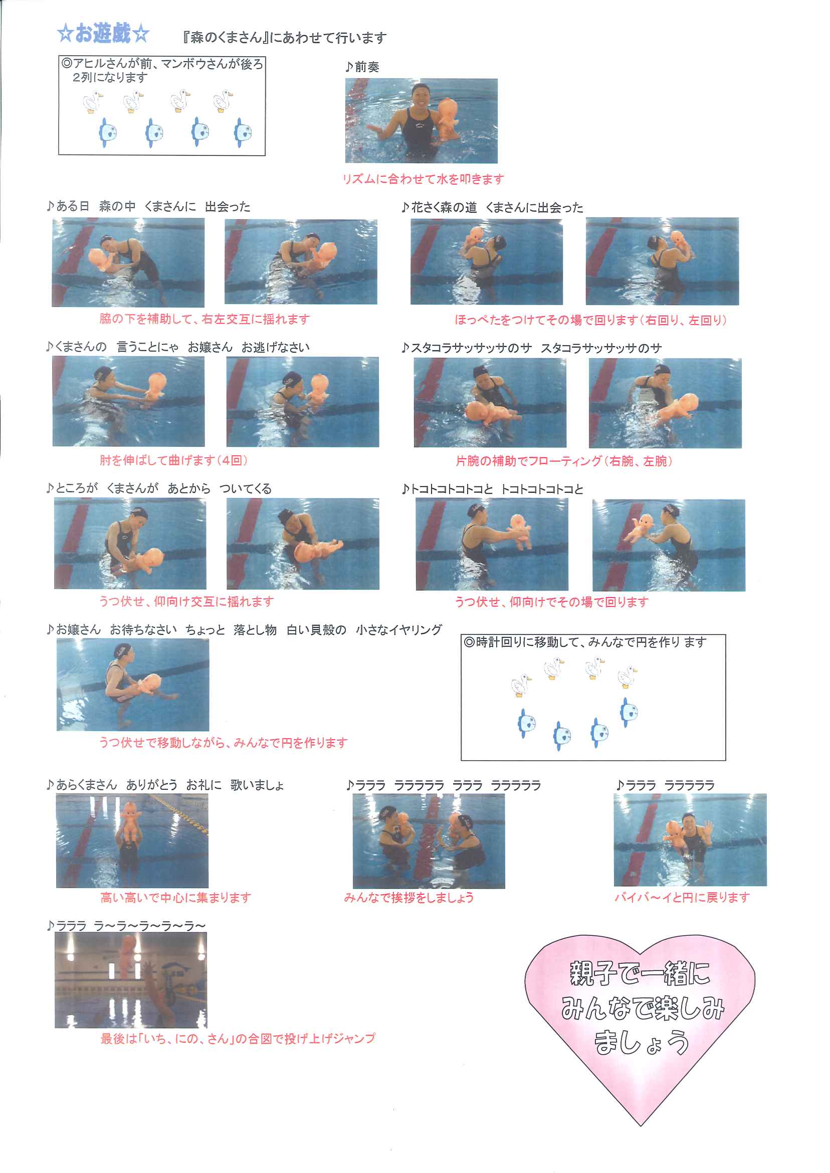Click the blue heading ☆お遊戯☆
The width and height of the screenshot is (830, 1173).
click(x=103, y=34)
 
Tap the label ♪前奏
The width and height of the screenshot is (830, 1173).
click(x=362, y=67)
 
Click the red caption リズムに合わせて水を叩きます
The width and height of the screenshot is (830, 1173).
click(x=423, y=179)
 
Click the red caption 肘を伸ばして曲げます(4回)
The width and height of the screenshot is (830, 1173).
click(x=174, y=460)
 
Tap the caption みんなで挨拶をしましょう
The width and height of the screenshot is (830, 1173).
click(x=409, y=897)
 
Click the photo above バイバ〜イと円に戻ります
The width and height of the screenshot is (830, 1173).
click(x=690, y=840)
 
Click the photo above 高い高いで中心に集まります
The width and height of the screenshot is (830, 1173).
click(x=132, y=841)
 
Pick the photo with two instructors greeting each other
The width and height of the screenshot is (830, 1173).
click(x=429, y=841)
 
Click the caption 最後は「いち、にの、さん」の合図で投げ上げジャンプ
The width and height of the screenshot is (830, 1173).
click(x=238, y=1039)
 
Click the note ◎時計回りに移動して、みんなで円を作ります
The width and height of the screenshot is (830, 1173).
click(x=586, y=642)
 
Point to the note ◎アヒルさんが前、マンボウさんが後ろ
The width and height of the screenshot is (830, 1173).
click(x=162, y=64)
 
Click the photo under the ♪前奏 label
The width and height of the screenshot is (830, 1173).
click(x=421, y=121)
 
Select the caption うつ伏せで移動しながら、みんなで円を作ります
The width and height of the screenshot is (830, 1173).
click(x=224, y=742)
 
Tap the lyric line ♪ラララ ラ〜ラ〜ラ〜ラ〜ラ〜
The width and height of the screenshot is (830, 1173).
click(x=126, y=926)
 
